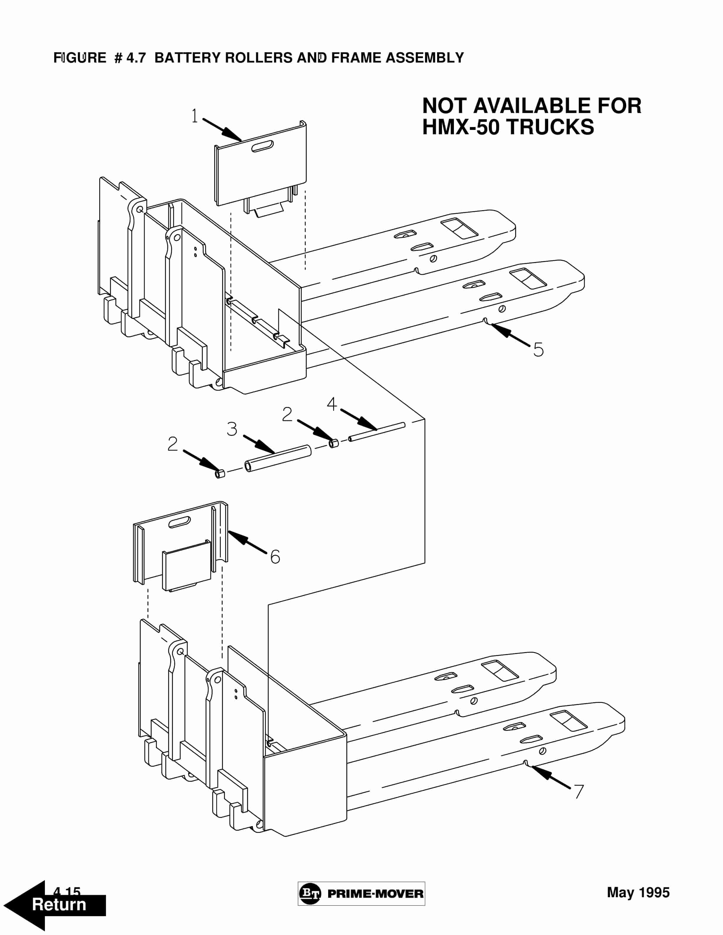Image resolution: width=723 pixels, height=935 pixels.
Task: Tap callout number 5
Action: [x=538, y=349]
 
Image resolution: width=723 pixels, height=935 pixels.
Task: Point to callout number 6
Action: [x=275, y=557]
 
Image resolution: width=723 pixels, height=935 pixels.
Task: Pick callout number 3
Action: [x=232, y=429]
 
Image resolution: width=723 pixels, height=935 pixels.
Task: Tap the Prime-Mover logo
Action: [x=361, y=893]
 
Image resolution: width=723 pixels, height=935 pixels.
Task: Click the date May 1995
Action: [x=638, y=892]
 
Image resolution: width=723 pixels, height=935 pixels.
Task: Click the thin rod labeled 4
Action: [x=377, y=431]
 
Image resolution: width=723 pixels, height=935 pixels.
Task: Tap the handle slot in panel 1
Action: [x=263, y=146]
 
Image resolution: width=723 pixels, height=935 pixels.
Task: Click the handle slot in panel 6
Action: [x=180, y=522]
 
